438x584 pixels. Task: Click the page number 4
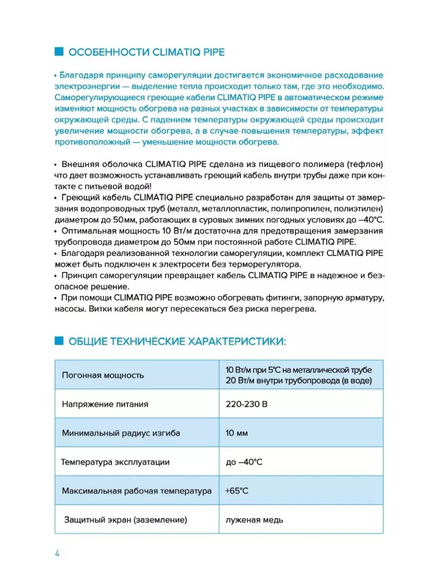coord(57,553)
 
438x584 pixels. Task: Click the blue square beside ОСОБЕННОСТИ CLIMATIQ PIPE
coord(59,52)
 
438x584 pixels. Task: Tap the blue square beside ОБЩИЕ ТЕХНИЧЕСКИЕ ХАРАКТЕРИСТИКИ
coord(59,341)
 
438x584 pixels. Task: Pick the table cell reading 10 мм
coord(237,433)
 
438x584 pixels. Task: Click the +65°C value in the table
coord(237,491)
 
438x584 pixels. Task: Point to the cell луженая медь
coord(255,520)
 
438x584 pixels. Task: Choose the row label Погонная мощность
coord(103,375)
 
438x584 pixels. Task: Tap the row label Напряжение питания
coord(105,404)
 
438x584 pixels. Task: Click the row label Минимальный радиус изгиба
coord(114,433)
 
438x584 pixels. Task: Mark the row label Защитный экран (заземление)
coord(126,520)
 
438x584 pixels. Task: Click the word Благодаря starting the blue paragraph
coord(79,75)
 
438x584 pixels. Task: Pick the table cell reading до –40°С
coord(244,462)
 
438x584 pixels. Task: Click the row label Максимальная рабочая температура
coord(137,491)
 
